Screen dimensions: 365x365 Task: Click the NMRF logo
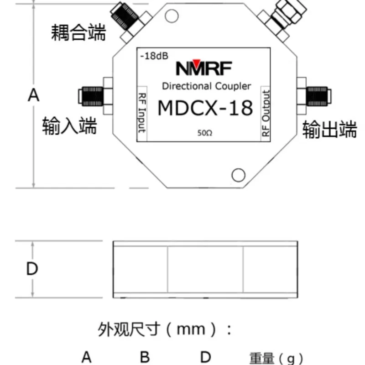[x=204, y=68]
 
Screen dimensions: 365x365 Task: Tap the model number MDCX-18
[x=205, y=109]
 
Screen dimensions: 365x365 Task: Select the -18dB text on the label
[x=154, y=56]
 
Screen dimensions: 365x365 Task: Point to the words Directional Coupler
[x=206, y=86]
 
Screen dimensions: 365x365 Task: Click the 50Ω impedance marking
[x=205, y=133]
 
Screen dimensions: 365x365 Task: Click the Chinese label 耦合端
[x=78, y=32]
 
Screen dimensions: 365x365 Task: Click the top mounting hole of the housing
[x=172, y=16]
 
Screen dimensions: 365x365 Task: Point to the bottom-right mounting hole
[x=238, y=175]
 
